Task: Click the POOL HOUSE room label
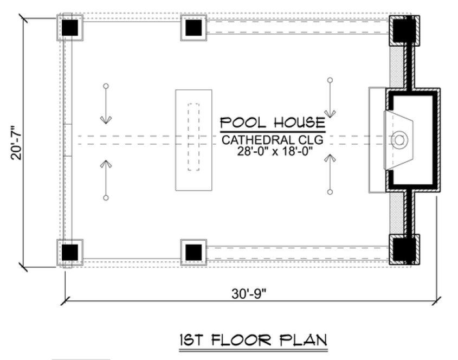tap(272, 123)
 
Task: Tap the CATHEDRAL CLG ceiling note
tap(273, 140)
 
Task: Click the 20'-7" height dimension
tap(17, 142)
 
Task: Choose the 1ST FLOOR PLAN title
tap(254, 340)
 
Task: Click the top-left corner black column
tap(70, 28)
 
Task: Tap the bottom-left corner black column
tap(70, 252)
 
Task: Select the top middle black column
tap(194, 28)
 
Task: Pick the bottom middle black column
tap(194, 252)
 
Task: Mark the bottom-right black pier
tap(404, 249)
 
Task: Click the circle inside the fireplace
tap(399, 140)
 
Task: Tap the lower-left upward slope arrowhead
tap(106, 163)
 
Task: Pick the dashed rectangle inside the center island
tap(193, 137)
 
